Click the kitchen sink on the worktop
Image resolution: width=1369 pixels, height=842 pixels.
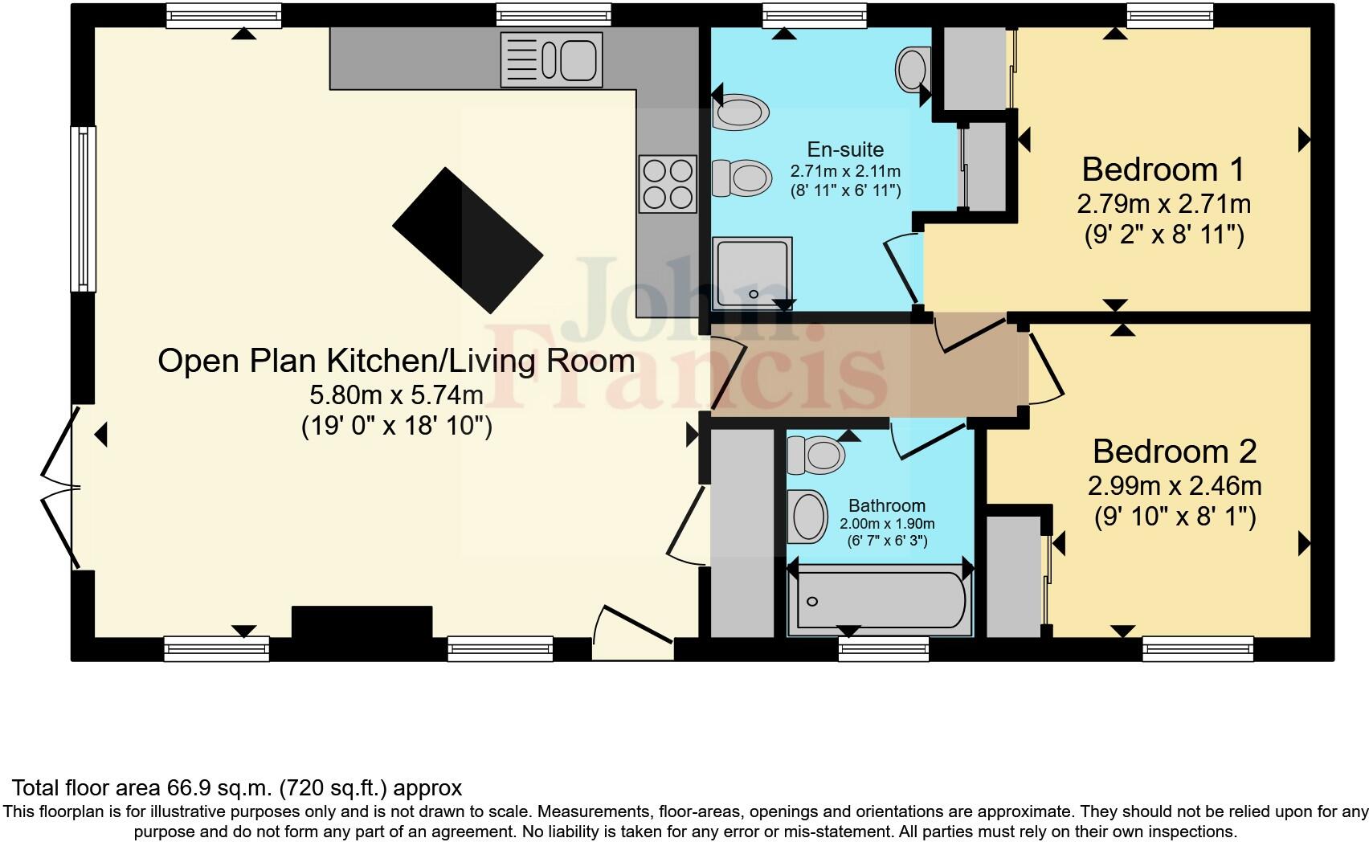(x=551, y=59)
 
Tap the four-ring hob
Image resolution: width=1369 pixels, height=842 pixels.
(x=667, y=184)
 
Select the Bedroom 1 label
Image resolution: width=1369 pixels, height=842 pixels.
(x=1163, y=170)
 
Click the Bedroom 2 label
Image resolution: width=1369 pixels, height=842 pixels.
(x=1174, y=452)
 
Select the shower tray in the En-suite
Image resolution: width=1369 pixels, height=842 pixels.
(x=752, y=273)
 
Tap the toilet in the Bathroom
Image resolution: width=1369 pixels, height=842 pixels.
(x=815, y=455)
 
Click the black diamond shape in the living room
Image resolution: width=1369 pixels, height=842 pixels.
(x=468, y=239)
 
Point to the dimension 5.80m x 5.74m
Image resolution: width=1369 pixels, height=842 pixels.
(x=397, y=394)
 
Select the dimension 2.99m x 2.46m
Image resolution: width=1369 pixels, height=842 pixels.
(x=1174, y=486)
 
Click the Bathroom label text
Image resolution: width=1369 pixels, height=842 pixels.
(x=887, y=505)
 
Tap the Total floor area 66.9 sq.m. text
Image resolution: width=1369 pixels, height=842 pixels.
(x=237, y=787)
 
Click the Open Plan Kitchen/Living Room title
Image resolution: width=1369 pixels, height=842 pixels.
(x=396, y=360)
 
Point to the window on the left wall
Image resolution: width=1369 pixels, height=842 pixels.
(x=83, y=208)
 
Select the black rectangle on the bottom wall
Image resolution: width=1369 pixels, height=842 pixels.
(x=362, y=623)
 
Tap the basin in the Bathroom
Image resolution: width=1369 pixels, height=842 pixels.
(x=807, y=516)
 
